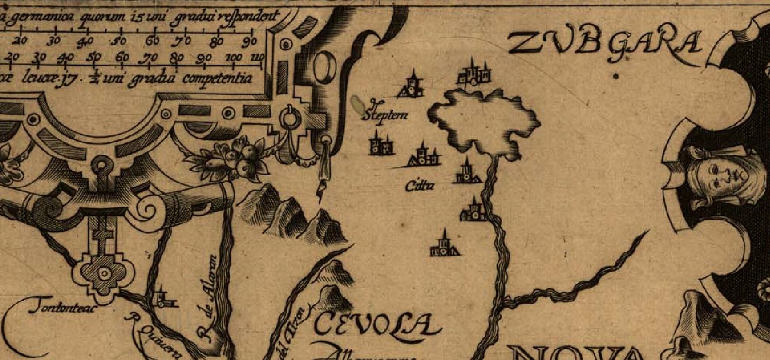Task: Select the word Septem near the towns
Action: (384, 115)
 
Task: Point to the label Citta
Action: (420, 185)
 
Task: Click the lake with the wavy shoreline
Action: (485, 119)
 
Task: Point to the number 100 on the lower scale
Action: (234, 58)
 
